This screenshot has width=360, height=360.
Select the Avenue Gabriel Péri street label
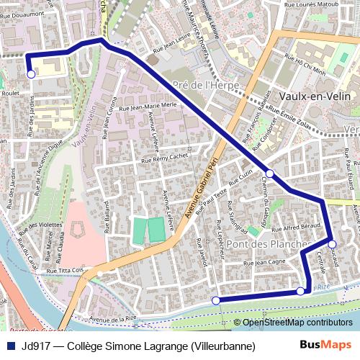pos(204,180)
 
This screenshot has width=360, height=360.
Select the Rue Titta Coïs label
pos(66,271)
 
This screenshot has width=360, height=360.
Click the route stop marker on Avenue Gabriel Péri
pos(269,174)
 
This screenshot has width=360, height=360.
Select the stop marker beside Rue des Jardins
pos(31,73)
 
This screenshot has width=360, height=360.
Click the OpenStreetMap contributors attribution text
pos(297,323)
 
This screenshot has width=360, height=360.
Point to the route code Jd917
pos(37,345)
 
